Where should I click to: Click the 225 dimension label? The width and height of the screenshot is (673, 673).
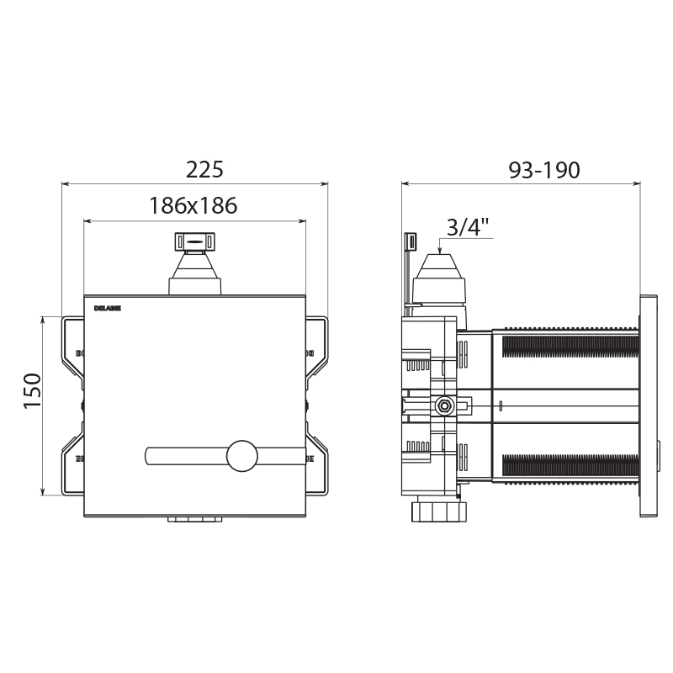click(204, 170)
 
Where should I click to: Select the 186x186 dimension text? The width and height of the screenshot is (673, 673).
click(193, 205)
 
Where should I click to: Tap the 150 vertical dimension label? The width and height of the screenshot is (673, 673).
click(32, 390)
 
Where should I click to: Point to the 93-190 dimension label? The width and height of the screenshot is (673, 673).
click(544, 170)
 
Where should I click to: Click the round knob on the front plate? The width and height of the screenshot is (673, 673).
click(243, 457)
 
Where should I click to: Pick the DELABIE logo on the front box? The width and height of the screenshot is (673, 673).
click(108, 308)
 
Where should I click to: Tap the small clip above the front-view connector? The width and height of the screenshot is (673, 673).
click(195, 241)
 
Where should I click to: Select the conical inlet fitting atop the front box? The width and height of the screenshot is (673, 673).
click(195, 273)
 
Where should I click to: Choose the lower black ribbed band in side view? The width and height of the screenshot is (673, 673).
click(569, 465)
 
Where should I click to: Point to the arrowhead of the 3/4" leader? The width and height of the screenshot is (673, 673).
click(442, 249)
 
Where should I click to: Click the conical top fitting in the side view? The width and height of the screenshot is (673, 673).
click(442, 278)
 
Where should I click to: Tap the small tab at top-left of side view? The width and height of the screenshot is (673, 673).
click(410, 241)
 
